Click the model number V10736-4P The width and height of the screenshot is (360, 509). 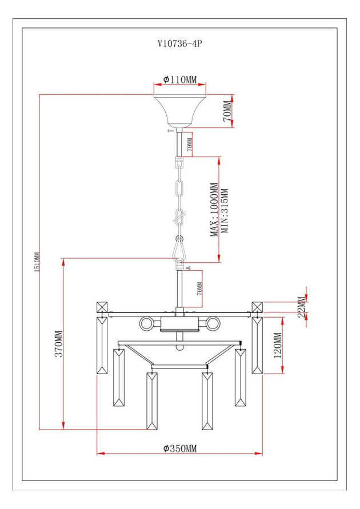pos(179,42)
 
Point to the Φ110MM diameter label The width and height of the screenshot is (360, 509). pos(179,79)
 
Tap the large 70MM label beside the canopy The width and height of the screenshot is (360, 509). pos(226,111)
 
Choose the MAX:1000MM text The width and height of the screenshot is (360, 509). pos(214,210)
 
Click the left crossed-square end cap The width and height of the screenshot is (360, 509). pos(102,307)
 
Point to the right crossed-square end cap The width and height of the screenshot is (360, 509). pos(257,307)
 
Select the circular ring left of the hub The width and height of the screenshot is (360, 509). pos(147,324)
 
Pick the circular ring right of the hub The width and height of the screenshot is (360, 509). pos(213,324)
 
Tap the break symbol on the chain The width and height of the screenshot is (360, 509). pos(179,217)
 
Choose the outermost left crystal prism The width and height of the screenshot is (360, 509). pos(103,347)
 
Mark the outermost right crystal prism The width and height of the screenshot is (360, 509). pos(257,347)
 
